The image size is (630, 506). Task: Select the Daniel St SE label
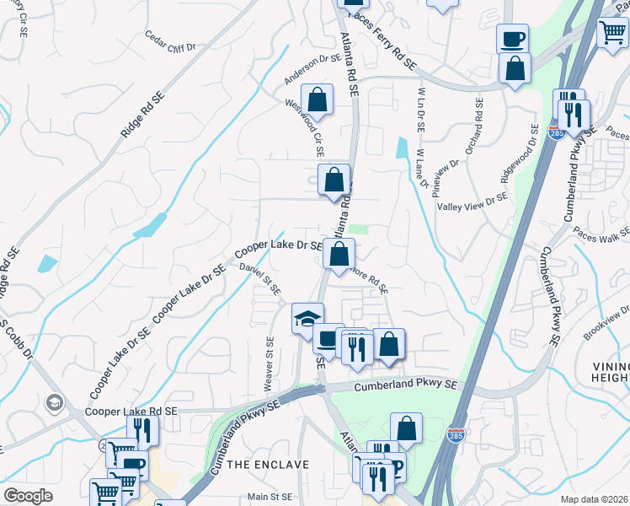[259, 278]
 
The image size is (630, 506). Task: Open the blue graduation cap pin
[307, 319]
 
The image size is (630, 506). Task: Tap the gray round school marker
[56, 401]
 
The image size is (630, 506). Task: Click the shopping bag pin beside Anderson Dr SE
[318, 100]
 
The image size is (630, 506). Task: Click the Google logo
[28, 496]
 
